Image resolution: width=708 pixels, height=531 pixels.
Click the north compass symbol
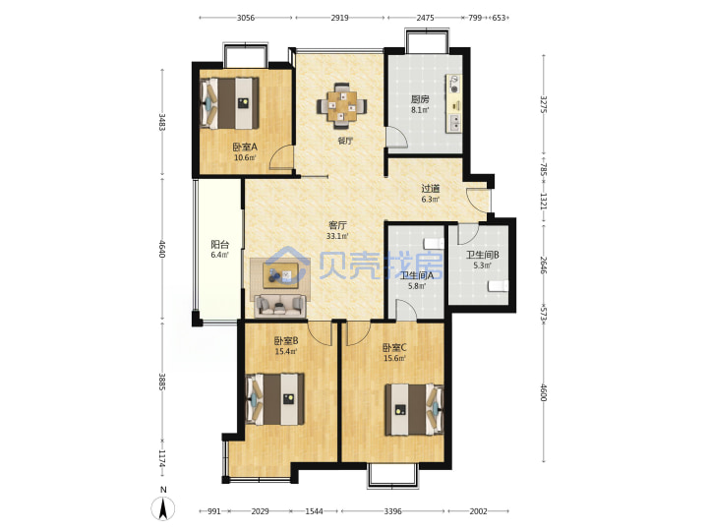coord(163,504)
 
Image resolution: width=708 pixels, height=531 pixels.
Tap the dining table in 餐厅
coord(342,106)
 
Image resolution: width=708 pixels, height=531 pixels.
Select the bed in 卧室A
coord(230,103)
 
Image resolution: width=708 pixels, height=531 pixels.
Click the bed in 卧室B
coord(275,398)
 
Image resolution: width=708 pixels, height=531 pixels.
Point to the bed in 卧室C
coord(415,409)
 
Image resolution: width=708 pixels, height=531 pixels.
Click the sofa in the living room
coord(280,307)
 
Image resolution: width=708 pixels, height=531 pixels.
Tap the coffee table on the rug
coord(280,275)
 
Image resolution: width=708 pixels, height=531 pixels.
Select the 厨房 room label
coord(420,99)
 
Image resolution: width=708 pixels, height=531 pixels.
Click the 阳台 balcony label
coord(220,245)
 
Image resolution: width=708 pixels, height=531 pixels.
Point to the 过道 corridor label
coord(431,188)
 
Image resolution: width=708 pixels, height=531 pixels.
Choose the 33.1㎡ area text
coord(337,236)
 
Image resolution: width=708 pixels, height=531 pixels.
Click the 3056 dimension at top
coord(246,18)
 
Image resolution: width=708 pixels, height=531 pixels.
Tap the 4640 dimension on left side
coord(162,249)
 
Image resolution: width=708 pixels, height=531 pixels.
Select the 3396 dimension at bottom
coord(392,511)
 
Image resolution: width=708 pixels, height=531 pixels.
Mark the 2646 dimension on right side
coord(544,265)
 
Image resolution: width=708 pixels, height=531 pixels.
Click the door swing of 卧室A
coord(281,157)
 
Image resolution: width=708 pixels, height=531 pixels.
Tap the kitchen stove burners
coord(453,84)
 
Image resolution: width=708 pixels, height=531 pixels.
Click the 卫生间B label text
coord(482,255)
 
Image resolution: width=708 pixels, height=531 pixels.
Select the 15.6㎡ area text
coord(394,359)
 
